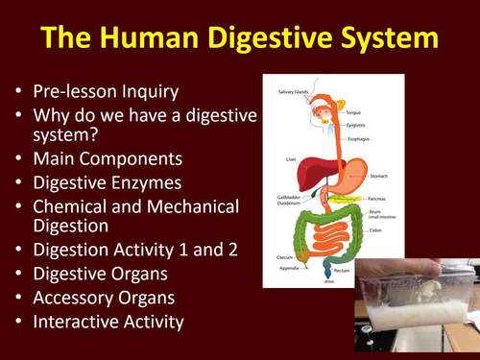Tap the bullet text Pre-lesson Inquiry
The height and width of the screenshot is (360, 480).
coord(107,93)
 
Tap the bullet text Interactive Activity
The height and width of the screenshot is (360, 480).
coord(108,322)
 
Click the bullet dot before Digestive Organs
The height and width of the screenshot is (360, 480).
coord(19,276)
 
